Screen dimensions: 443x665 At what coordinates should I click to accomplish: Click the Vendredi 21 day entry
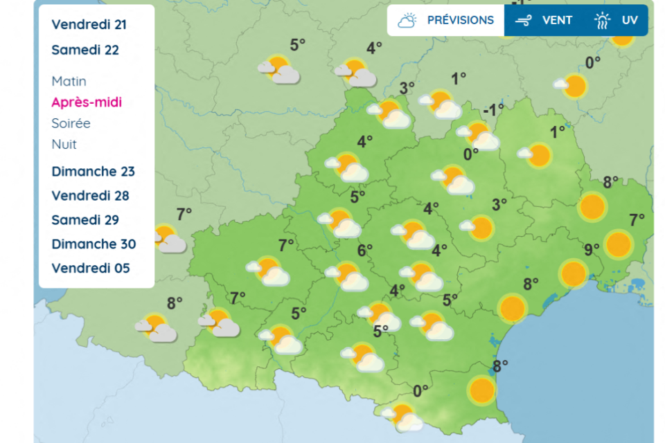click(x=89, y=24)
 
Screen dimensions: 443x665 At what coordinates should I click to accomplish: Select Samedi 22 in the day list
click(x=85, y=50)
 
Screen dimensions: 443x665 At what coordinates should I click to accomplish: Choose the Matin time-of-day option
click(x=69, y=81)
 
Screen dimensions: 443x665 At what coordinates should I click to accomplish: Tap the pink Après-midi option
click(x=87, y=102)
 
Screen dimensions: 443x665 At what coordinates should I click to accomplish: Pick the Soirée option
click(x=71, y=123)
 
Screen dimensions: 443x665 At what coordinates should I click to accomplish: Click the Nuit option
click(x=64, y=144)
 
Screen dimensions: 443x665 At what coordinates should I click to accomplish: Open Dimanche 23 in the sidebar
click(x=93, y=171)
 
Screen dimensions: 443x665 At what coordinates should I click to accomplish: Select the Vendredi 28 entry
click(x=90, y=195)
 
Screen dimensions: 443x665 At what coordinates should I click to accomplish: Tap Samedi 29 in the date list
click(x=85, y=219)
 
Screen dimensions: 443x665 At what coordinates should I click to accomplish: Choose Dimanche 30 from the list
click(x=94, y=244)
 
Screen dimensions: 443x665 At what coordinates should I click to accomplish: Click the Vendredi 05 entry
click(x=90, y=268)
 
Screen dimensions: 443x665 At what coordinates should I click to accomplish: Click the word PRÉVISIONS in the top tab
click(x=460, y=20)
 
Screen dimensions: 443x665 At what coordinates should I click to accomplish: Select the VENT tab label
click(x=557, y=20)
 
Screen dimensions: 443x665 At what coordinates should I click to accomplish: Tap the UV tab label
click(x=629, y=20)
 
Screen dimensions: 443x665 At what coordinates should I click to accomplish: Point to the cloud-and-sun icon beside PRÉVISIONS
click(x=407, y=21)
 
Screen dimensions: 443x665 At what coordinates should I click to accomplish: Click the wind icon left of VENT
click(x=524, y=21)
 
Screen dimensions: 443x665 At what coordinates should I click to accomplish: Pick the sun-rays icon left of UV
click(x=602, y=21)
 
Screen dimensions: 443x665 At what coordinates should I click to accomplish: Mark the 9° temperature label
click(x=591, y=249)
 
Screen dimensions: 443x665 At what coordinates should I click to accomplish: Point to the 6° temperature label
click(x=364, y=249)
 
